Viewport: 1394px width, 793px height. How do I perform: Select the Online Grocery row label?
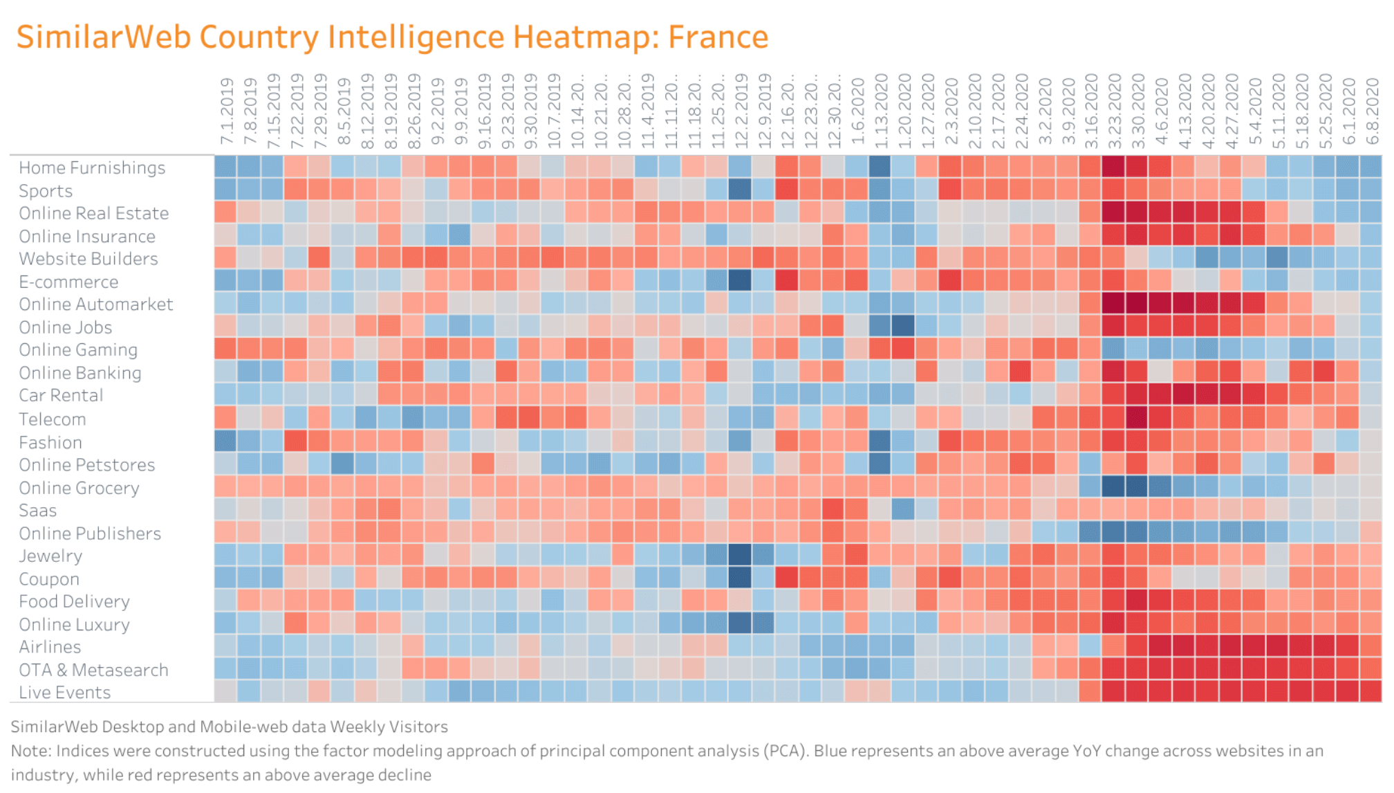[79, 488]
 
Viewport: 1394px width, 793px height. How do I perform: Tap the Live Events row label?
[64, 692]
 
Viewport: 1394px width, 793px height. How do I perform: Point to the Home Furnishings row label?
[92, 167]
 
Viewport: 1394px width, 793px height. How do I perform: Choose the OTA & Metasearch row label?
[93, 670]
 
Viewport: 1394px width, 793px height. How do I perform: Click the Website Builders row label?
[89, 259]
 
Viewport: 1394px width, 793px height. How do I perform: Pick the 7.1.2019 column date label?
[226, 111]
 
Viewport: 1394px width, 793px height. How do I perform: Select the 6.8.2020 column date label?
[1372, 111]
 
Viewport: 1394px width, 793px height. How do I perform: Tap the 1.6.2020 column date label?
[857, 111]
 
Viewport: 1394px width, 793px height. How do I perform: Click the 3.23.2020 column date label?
[1114, 111]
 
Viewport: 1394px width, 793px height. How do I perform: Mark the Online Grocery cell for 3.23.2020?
[1113, 486]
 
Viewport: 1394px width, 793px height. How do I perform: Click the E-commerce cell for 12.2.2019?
[739, 280]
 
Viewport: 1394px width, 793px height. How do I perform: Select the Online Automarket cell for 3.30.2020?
[1136, 304]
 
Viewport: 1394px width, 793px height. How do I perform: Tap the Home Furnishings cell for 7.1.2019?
[225, 167]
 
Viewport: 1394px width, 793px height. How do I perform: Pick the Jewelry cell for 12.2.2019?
[739, 555]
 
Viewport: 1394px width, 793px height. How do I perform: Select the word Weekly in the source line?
[357, 727]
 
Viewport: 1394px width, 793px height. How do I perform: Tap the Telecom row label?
[53, 419]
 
